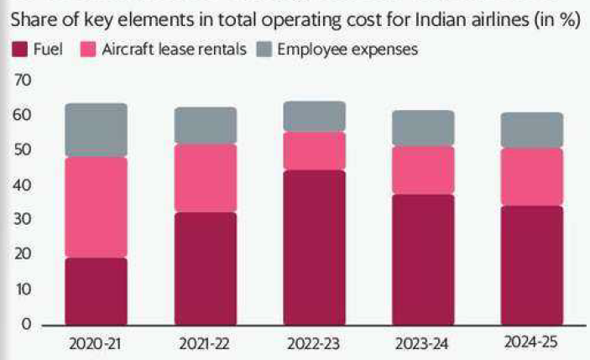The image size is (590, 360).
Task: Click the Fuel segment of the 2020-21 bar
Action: [96, 290]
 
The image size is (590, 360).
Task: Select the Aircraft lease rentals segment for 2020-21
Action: [96, 207]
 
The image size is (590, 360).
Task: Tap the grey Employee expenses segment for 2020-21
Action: [96, 130]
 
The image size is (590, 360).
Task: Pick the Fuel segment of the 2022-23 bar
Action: [314, 248]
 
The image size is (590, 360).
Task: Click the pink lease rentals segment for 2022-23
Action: [314, 151]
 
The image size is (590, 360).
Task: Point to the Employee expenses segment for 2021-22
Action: [205, 126]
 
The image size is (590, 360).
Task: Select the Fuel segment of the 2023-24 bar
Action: [422, 259]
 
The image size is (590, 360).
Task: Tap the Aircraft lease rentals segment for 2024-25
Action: [531, 177]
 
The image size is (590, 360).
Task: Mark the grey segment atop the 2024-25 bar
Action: [531, 130]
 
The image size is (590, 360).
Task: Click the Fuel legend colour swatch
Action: [18, 50]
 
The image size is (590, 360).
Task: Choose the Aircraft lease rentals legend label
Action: [174, 50]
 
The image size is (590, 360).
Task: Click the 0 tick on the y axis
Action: [25, 324]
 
